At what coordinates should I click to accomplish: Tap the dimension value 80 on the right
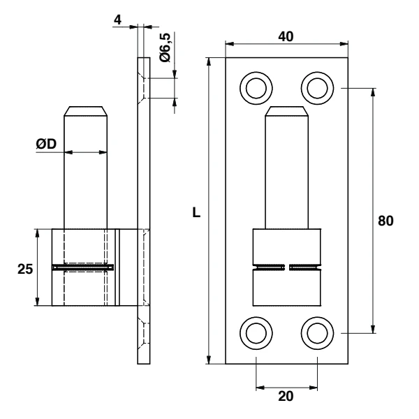[x=385, y=221]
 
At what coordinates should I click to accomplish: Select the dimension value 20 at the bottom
[x=286, y=396]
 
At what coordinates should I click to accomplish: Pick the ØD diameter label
[x=47, y=144]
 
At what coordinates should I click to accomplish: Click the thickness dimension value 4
[x=118, y=20]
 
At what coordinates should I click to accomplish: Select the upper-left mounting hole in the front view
[x=256, y=88]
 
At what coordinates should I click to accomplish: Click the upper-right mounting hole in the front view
[x=317, y=88]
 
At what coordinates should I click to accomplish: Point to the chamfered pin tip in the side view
[x=87, y=112]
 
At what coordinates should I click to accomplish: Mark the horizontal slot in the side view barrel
[x=83, y=267]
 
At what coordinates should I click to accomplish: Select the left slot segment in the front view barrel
[x=270, y=266]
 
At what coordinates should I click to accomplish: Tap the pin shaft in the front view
[x=286, y=175]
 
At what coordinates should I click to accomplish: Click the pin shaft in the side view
[x=87, y=175]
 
